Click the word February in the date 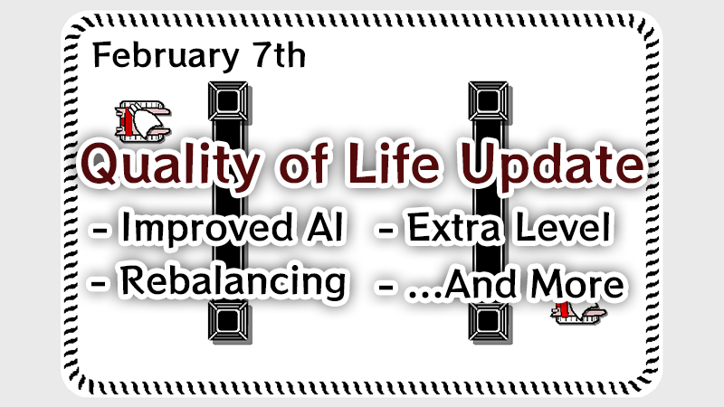coord(166,56)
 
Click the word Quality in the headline coord(171,165)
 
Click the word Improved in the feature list coord(206,229)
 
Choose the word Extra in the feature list coord(453,228)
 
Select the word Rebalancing coord(233,282)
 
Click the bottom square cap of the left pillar coord(228,321)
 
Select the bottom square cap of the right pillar coord(489,321)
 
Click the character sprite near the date coord(143,121)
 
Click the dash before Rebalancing coord(99,284)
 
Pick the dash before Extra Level coord(386,230)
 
